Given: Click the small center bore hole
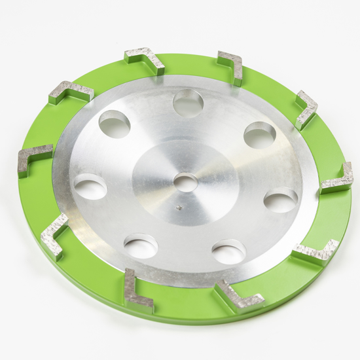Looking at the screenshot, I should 186,182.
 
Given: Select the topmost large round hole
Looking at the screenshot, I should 188,103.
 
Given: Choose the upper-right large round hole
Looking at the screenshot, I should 259,135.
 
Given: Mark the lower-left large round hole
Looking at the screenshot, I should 141,246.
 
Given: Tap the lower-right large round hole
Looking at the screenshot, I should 229,251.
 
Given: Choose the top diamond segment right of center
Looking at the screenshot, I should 232,65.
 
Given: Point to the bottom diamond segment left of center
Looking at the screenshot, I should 138,291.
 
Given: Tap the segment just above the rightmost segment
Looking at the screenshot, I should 306,108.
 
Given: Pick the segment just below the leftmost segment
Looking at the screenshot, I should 54,234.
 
